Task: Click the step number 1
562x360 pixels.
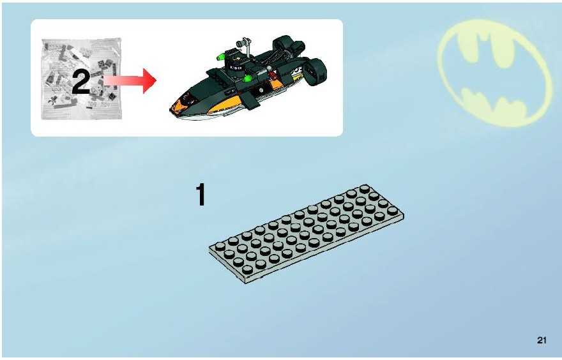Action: (201, 195)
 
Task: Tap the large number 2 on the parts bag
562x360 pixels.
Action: (81, 82)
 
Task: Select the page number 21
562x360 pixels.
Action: (542, 340)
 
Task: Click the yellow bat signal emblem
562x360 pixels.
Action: (494, 73)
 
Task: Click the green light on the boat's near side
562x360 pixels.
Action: (248, 79)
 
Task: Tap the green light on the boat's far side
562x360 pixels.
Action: (220, 56)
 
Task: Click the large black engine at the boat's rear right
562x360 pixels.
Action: (315, 71)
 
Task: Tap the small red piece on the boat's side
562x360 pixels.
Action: (273, 75)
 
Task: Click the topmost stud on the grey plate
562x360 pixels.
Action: (365, 189)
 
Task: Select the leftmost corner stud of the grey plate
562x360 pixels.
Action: (219, 246)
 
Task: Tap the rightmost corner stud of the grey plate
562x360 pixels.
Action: (393, 211)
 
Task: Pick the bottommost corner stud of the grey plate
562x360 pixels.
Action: (247, 269)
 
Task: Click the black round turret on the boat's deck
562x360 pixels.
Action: (236, 67)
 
